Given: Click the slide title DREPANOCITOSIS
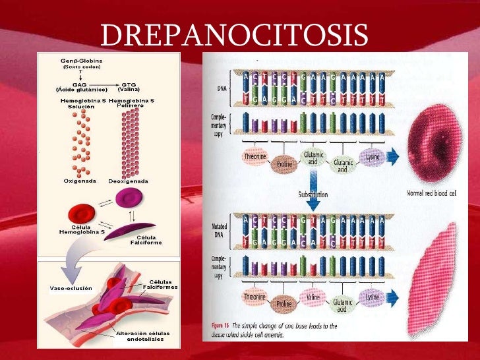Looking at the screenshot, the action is coord(234,34).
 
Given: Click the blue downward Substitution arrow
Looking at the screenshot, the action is coord(313,184).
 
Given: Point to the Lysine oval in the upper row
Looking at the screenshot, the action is coord(373,160).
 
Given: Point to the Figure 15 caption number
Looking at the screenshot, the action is coord(219,326).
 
